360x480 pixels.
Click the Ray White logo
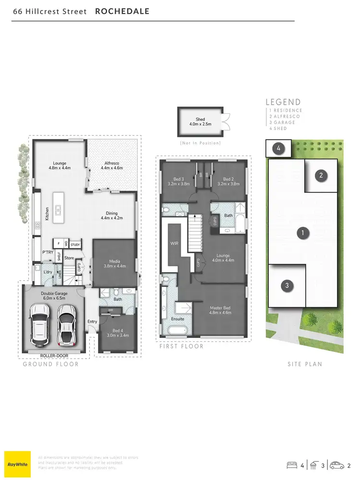17,464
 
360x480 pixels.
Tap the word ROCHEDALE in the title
122,12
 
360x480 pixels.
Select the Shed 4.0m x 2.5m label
200,121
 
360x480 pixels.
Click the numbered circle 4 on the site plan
279,149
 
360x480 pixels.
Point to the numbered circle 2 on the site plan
321,175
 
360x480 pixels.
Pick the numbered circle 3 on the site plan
287,286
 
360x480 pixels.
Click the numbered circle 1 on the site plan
302,234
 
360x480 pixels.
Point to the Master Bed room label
220,311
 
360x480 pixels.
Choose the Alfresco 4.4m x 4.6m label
114,166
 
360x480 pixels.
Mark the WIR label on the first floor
174,243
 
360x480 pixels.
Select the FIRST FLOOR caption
181,347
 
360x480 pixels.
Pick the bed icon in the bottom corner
291,465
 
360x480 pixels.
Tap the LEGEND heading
283,102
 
